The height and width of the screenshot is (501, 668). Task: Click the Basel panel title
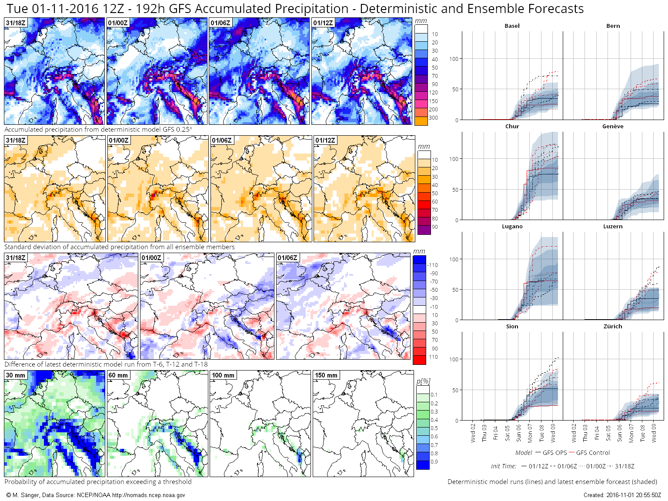point(512,26)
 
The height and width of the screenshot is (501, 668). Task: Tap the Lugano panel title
point(512,227)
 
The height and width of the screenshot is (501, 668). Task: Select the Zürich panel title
point(613,327)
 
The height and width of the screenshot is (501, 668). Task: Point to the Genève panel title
point(613,127)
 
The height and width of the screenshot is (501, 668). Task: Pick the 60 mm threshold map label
point(118,375)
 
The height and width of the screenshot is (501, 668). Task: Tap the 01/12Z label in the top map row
point(323,23)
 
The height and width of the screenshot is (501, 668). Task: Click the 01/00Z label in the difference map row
point(151,258)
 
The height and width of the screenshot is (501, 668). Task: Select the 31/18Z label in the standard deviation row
point(16,140)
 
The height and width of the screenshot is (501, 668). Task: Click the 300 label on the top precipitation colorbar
point(434,118)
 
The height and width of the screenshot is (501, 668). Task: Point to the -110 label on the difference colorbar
point(433,265)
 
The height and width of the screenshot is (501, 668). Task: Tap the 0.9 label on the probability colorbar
point(434,462)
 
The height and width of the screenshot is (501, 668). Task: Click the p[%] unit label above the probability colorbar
point(423,381)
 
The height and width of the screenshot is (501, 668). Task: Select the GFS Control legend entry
point(593,453)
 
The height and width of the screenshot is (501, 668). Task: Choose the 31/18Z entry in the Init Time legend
point(625,466)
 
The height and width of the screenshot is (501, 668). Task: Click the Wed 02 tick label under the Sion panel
point(473,433)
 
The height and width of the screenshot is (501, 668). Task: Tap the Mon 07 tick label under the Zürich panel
point(631,434)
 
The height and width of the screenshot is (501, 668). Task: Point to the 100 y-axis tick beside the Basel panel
point(454,59)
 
